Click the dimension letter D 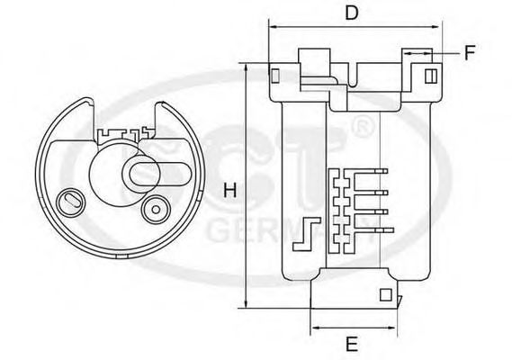tap(353, 13)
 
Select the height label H tap(229, 191)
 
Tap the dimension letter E tap(352, 343)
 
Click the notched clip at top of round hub tap(121, 135)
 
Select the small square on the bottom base tap(385, 293)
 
